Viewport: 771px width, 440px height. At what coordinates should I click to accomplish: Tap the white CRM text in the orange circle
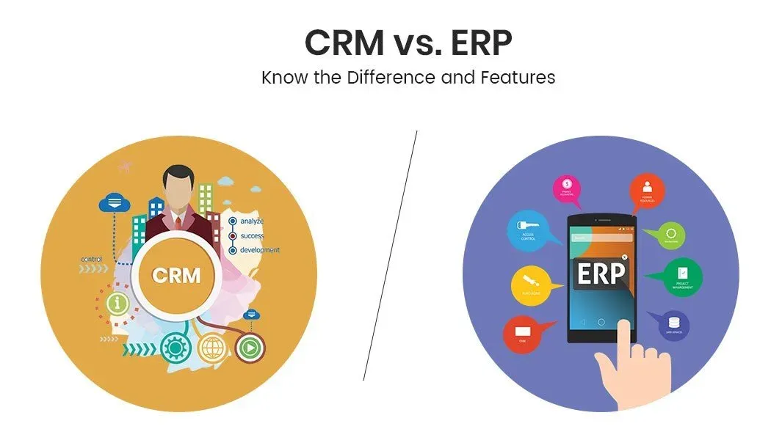coord(175,276)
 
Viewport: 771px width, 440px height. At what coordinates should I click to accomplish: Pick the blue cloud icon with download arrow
coord(114,201)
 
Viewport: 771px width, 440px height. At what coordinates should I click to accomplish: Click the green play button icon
coord(250,347)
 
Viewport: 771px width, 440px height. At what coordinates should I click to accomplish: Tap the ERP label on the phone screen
coord(601,274)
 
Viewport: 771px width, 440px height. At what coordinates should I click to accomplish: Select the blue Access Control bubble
coord(527,231)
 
